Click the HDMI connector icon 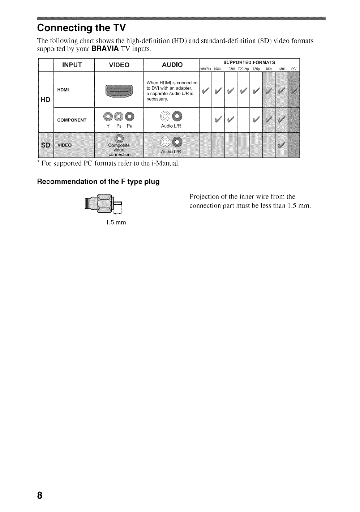pyautogui.click(x=119, y=90)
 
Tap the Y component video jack pyautogui.click(x=108, y=116)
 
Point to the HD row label pyautogui.click(x=46, y=99)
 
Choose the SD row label pyautogui.click(x=46, y=145)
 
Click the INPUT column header pyautogui.click(x=72, y=65)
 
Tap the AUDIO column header pyautogui.click(x=172, y=65)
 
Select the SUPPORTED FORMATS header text pyautogui.click(x=249, y=62)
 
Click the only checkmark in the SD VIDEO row pyautogui.click(x=281, y=145)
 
